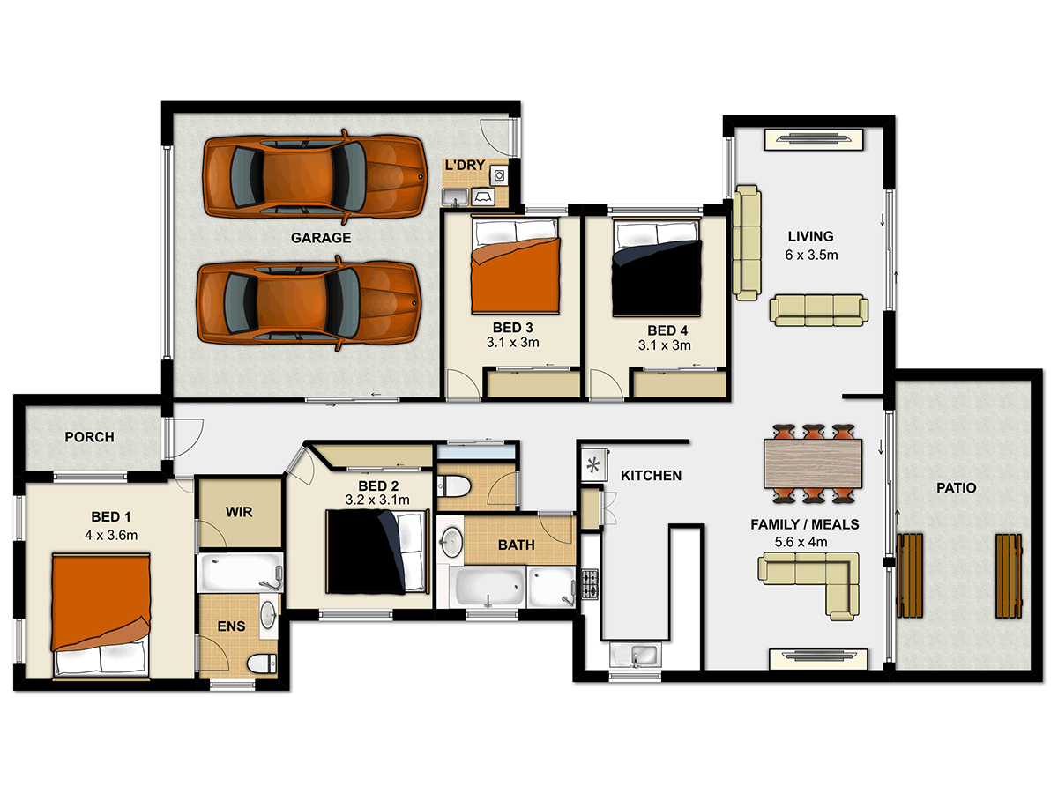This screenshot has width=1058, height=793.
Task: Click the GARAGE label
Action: point(321,238)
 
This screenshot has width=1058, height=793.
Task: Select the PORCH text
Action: point(89,437)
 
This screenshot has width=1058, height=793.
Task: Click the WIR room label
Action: point(239,512)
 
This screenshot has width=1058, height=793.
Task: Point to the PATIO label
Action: point(957,487)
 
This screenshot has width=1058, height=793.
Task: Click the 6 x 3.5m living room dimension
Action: point(810,256)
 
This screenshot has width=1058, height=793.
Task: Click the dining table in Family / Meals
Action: point(813,463)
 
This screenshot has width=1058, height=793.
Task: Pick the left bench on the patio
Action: point(908,575)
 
